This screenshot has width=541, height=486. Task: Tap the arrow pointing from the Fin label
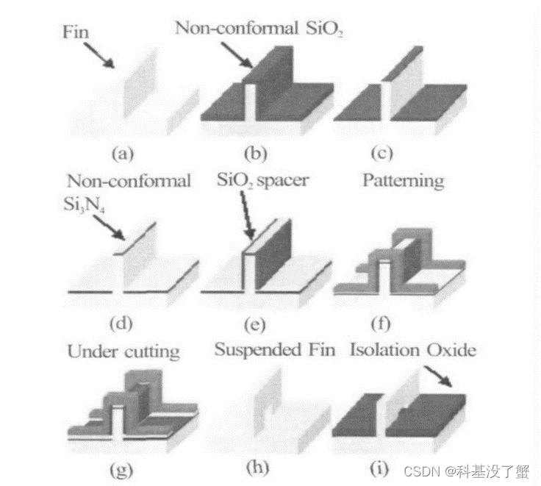[x=98, y=55]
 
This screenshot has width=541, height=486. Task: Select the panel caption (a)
[x=122, y=154]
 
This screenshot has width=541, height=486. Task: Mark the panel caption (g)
[x=122, y=468]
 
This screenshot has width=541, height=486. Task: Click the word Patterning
[x=403, y=182]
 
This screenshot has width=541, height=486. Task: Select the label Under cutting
[x=123, y=351]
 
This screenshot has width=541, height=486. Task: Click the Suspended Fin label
[x=275, y=349]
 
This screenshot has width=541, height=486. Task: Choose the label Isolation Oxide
[x=412, y=349]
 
